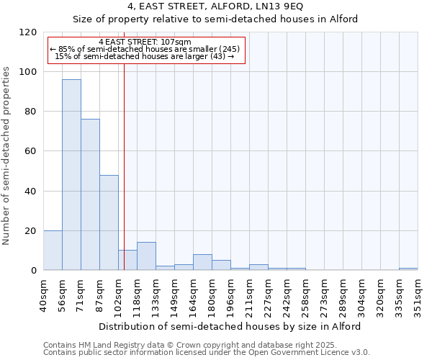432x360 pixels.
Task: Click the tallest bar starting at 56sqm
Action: [x=71, y=175]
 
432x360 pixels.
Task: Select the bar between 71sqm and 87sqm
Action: [x=90, y=194]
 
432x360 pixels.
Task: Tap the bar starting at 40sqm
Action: [x=53, y=251]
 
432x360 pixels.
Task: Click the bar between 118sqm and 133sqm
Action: [x=146, y=256]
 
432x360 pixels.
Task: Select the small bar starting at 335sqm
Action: [x=408, y=269]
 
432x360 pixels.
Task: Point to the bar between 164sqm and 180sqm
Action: [x=202, y=262]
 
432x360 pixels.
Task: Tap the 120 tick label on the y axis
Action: [x=29, y=32]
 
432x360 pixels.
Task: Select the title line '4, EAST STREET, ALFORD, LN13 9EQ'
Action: [x=215, y=6]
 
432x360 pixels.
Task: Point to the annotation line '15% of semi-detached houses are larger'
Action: [x=145, y=56]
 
